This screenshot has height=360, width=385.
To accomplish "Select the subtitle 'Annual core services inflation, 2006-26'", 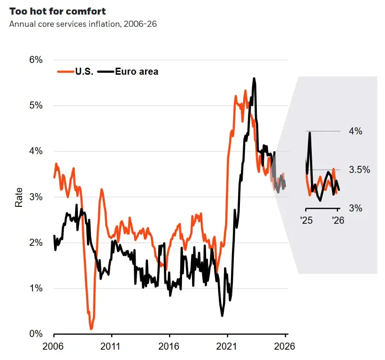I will click(83, 23).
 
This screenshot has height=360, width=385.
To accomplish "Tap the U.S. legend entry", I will click(77, 72).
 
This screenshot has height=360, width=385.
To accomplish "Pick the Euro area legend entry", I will click(131, 72).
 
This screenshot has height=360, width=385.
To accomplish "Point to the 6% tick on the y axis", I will click(36, 60).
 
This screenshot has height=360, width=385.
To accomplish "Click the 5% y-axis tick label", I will click(36, 105).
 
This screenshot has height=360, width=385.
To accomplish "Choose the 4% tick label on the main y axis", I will click(36, 151).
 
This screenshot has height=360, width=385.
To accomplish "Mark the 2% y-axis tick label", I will click(36, 243).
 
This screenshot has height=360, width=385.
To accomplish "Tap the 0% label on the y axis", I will click(36, 334).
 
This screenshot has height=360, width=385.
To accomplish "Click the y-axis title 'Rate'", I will click(19, 197).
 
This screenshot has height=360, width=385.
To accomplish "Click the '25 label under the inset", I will click(307, 219).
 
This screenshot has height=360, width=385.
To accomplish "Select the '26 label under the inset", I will click(337, 219).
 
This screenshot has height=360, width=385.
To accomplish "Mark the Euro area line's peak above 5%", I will click(254, 78).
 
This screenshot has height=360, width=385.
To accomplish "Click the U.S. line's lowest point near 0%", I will click(91, 329).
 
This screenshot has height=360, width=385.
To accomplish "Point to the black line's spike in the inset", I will click(310, 133).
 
